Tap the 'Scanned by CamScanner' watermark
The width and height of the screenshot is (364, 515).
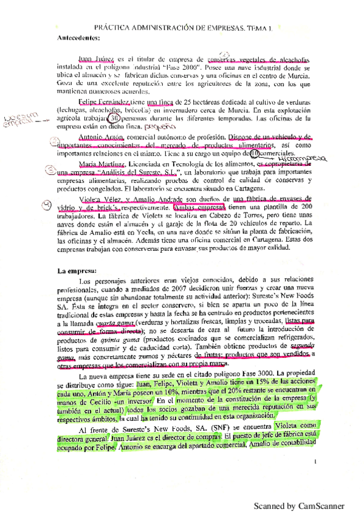point(298,505)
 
